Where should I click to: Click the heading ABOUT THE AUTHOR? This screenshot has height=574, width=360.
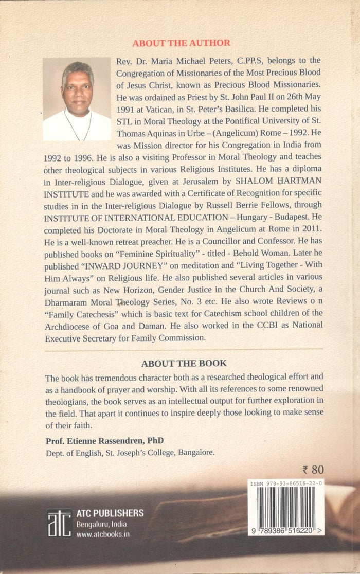(182, 43)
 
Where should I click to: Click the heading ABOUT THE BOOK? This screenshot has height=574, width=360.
(184, 363)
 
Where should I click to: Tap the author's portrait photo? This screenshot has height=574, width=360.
(77, 99)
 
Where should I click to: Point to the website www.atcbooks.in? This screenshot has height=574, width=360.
(103, 534)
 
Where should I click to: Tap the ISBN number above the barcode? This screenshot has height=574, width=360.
(286, 484)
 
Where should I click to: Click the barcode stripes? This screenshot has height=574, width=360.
(286, 507)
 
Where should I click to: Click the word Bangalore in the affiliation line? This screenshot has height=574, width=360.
(195, 453)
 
